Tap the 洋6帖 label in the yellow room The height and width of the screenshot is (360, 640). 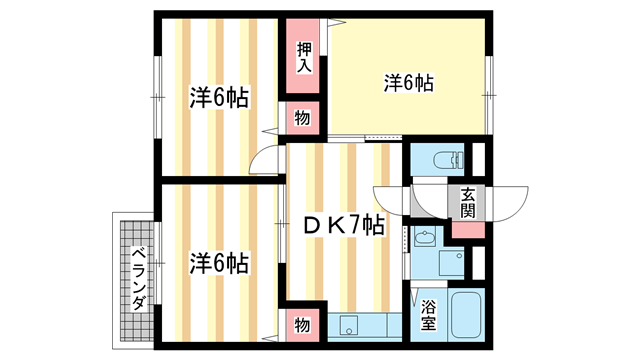[408, 84]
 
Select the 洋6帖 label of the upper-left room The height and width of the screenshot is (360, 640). [219, 98]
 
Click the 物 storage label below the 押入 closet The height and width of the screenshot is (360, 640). [303, 119]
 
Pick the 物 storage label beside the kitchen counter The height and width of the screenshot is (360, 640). [303, 324]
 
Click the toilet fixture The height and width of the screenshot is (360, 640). [444, 159]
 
